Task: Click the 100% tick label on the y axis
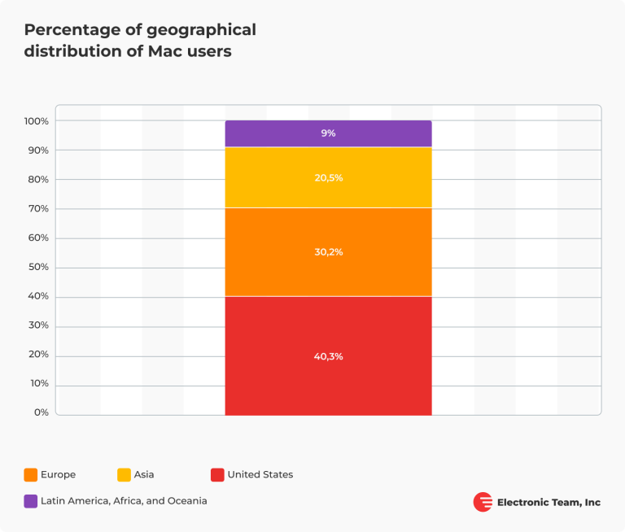point(37,121)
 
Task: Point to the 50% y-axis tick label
point(38,267)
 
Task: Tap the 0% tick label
point(42,412)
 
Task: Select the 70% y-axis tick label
point(38,208)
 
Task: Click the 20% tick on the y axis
point(38,355)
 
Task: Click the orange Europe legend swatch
point(31,474)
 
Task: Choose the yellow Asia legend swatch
point(124,474)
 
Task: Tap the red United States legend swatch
point(216,474)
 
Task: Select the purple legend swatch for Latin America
point(31,501)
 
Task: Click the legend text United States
point(260,474)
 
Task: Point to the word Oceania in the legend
point(188,501)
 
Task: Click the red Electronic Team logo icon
point(483,502)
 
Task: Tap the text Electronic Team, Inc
point(549,502)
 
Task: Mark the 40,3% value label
point(329,356)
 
